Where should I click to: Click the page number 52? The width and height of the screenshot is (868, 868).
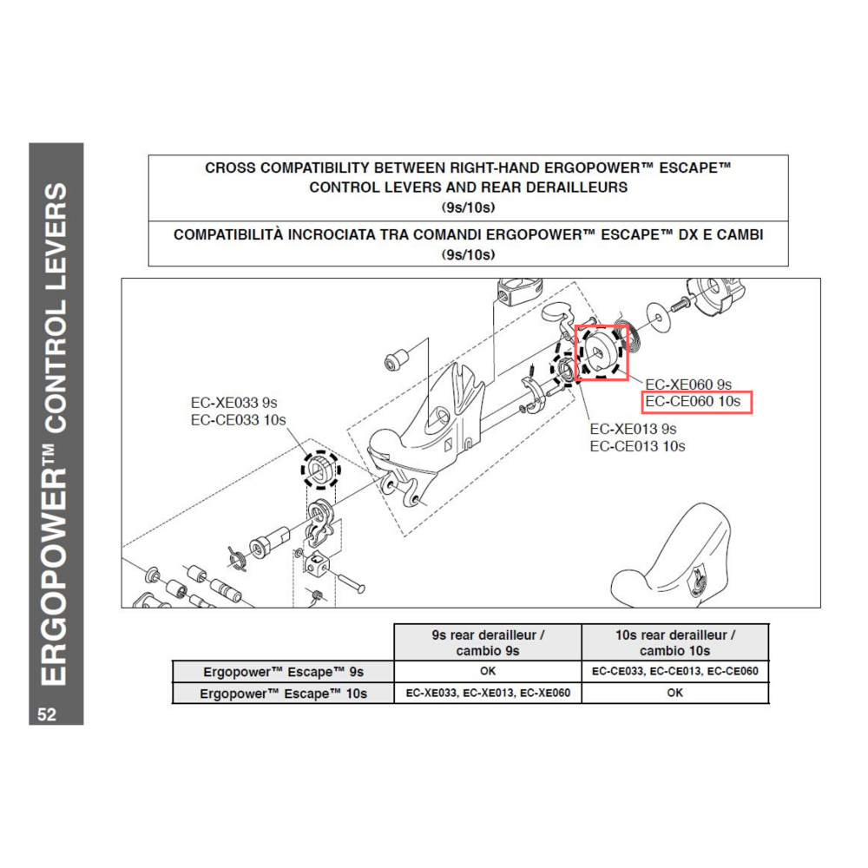[47, 714]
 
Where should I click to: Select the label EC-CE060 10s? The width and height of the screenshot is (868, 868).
[694, 402]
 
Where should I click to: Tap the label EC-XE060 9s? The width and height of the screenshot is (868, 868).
[689, 384]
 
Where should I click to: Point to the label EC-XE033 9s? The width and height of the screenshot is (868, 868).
[233, 403]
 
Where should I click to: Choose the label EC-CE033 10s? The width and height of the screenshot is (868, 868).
[238, 420]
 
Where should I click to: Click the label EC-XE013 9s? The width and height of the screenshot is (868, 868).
[633, 429]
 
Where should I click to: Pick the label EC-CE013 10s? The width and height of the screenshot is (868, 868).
[637, 446]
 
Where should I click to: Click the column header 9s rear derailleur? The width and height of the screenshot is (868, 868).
[487, 642]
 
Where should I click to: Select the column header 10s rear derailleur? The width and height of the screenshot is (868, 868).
[674, 642]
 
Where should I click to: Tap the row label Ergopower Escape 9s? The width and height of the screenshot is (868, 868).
[283, 672]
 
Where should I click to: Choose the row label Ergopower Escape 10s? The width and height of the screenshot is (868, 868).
[283, 693]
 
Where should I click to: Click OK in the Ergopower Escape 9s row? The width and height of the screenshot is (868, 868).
[487, 672]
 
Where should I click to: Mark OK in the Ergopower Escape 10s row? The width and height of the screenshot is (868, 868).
[674, 693]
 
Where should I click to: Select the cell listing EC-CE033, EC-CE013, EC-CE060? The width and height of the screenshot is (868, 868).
[674, 672]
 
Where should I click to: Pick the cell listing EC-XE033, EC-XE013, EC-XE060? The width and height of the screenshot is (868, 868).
[487, 693]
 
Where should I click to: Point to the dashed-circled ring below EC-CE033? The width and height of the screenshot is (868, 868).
[321, 470]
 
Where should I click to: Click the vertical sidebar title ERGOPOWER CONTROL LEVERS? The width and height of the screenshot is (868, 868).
[56, 434]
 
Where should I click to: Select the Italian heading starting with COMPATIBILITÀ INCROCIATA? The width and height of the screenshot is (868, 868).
[468, 244]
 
